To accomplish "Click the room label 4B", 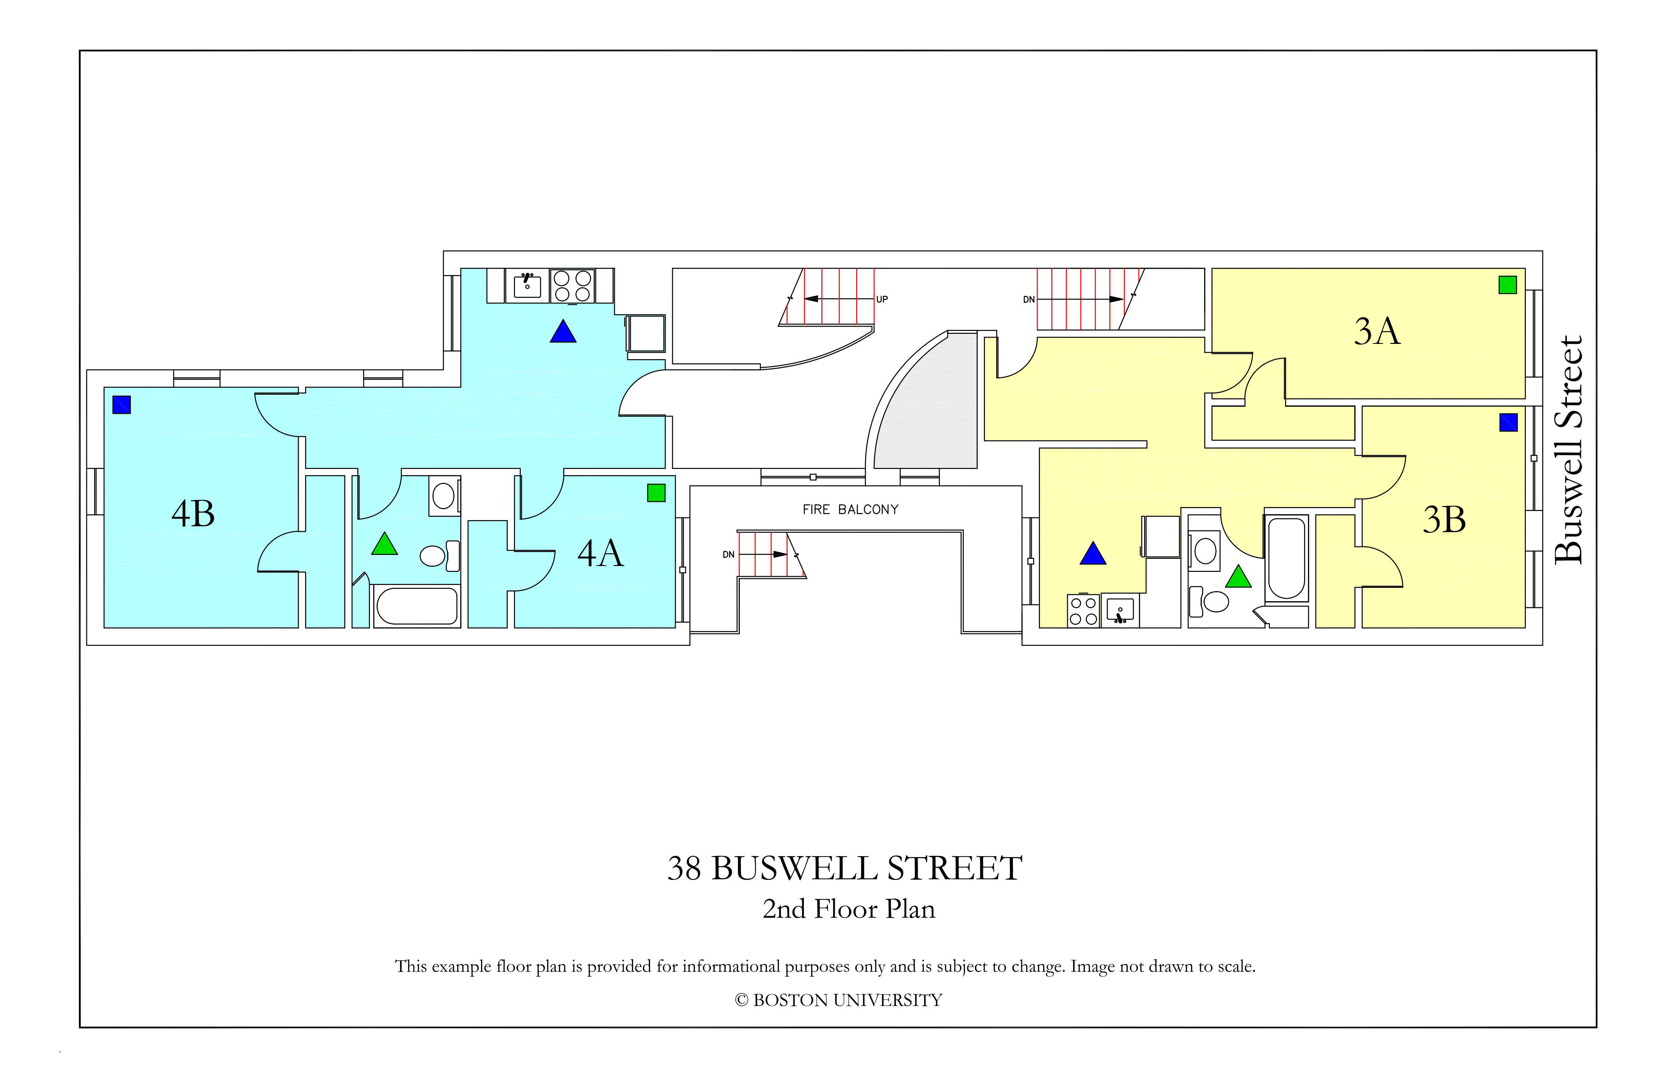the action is click(x=193, y=514).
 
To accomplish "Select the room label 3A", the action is click(x=1377, y=331).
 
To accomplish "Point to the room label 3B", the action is click(x=1444, y=519).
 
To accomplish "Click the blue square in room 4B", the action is click(x=121, y=405).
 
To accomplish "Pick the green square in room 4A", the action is click(x=656, y=493).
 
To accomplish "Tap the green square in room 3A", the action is click(x=1508, y=285).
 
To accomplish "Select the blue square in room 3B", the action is click(x=1508, y=422).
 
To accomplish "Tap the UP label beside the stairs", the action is click(x=882, y=300).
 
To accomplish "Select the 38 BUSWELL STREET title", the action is click(x=845, y=869).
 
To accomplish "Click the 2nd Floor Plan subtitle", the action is click(x=849, y=909).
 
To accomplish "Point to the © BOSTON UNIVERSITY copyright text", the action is click(x=838, y=1000).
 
